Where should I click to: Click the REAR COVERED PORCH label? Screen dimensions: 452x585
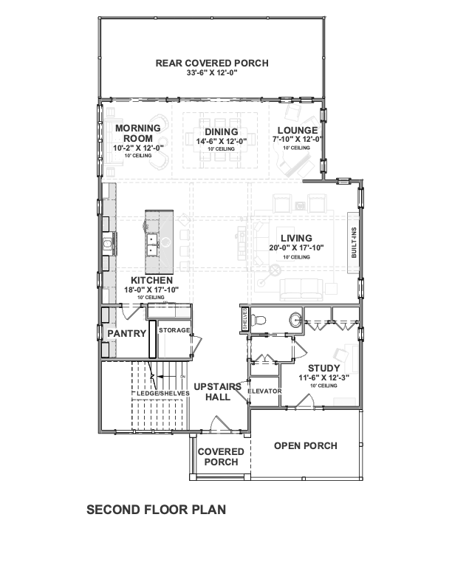(x=212, y=63)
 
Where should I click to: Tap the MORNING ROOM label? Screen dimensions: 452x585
(x=138, y=133)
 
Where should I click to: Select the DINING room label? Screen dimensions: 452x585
(x=221, y=131)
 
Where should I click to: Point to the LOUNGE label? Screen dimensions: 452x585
(x=298, y=130)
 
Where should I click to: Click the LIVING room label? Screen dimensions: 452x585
(x=296, y=238)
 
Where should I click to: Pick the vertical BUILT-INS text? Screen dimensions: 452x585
(x=354, y=242)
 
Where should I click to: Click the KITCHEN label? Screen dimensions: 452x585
(x=152, y=280)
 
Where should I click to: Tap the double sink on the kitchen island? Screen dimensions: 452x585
(x=152, y=244)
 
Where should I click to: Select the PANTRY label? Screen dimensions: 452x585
(x=127, y=333)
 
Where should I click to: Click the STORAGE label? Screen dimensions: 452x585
(x=174, y=330)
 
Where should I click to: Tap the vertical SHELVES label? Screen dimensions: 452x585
(x=245, y=318)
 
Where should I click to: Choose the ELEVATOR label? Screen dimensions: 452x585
(x=264, y=391)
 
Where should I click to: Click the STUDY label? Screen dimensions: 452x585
(x=323, y=369)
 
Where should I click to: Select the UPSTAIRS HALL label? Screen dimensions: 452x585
(x=218, y=391)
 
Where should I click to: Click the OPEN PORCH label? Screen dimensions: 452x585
(x=306, y=446)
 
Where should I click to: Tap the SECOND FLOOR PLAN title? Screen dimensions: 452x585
(x=157, y=510)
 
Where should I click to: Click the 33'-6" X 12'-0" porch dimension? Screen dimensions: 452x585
(x=212, y=73)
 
